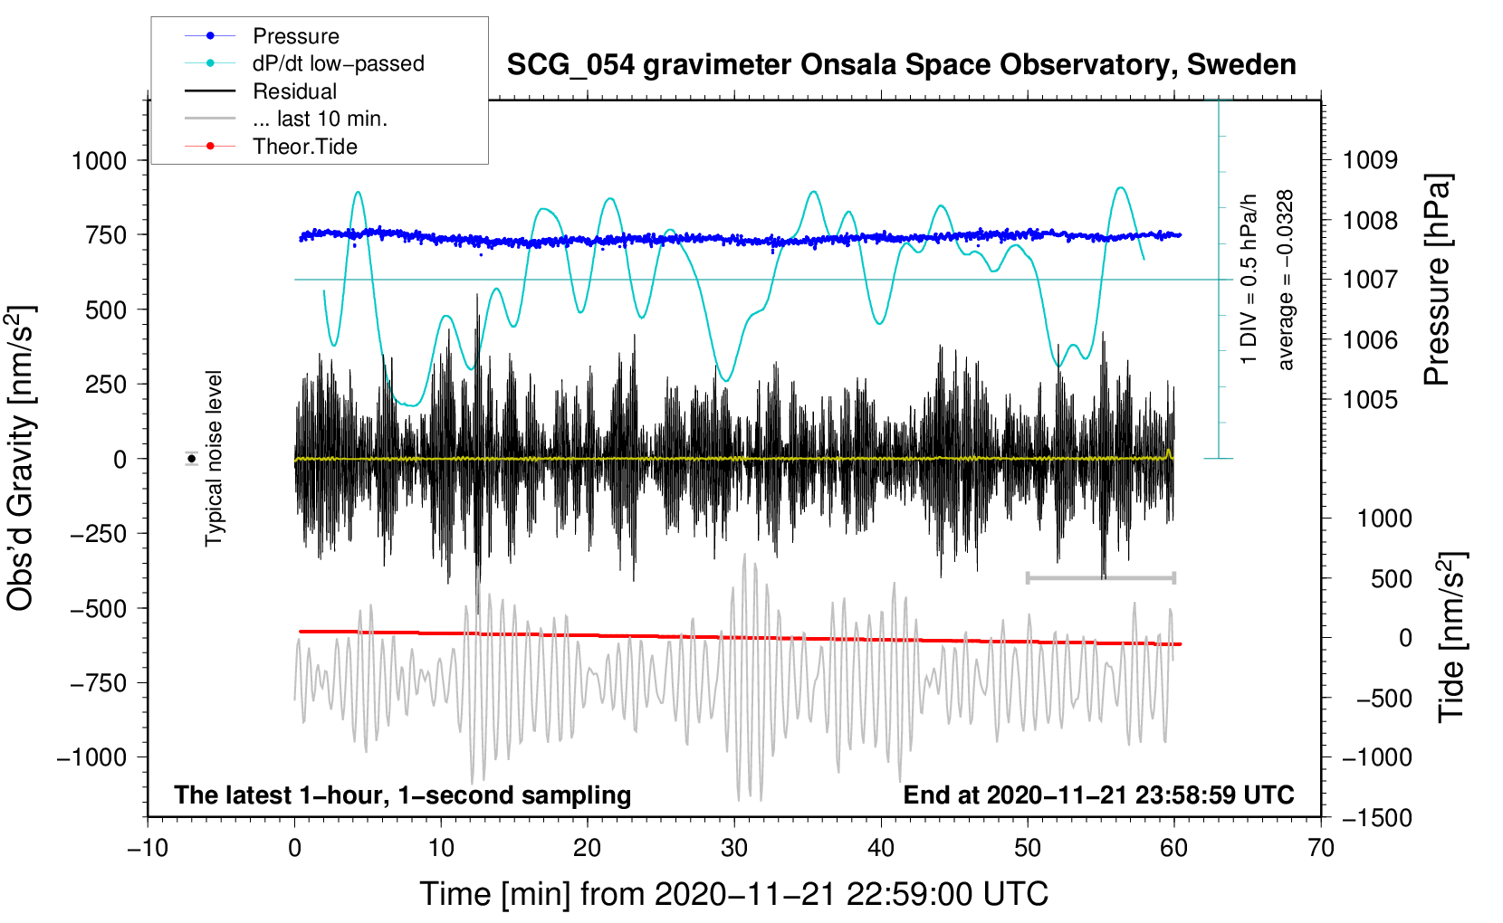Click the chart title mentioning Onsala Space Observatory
(901, 65)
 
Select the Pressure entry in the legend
(295, 36)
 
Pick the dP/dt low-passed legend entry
(338, 63)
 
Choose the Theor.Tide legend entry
(304, 147)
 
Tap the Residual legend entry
(294, 91)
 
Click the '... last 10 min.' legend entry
(320, 119)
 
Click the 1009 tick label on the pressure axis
(1370, 160)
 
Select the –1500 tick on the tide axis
(1376, 818)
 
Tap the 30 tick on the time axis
(734, 848)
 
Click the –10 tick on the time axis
(148, 848)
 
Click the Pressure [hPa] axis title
(1438, 281)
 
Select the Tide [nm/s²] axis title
(1452, 638)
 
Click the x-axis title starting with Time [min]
(733, 894)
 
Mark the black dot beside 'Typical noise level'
(192, 459)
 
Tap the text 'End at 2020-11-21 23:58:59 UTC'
(1098, 795)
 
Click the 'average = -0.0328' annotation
(1286, 281)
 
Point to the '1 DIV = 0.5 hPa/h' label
(1249, 279)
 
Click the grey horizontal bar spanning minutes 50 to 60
(1100, 577)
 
